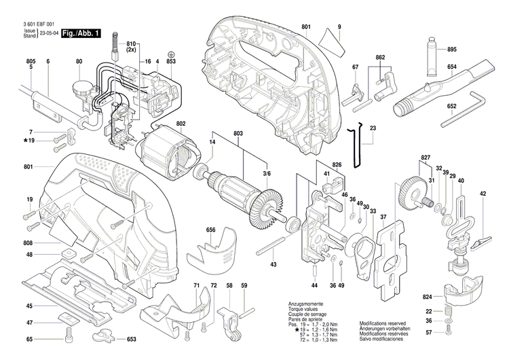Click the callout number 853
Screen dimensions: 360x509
click(x=171, y=62)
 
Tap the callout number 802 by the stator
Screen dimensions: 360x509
click(x=181, y=124)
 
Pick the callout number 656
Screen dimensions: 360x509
click(x=211, y=230)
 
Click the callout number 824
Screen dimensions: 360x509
click(x=427, y=298)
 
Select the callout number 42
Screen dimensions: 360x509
click(x=483, y=194)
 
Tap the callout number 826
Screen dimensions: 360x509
click(x=337, y=165)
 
